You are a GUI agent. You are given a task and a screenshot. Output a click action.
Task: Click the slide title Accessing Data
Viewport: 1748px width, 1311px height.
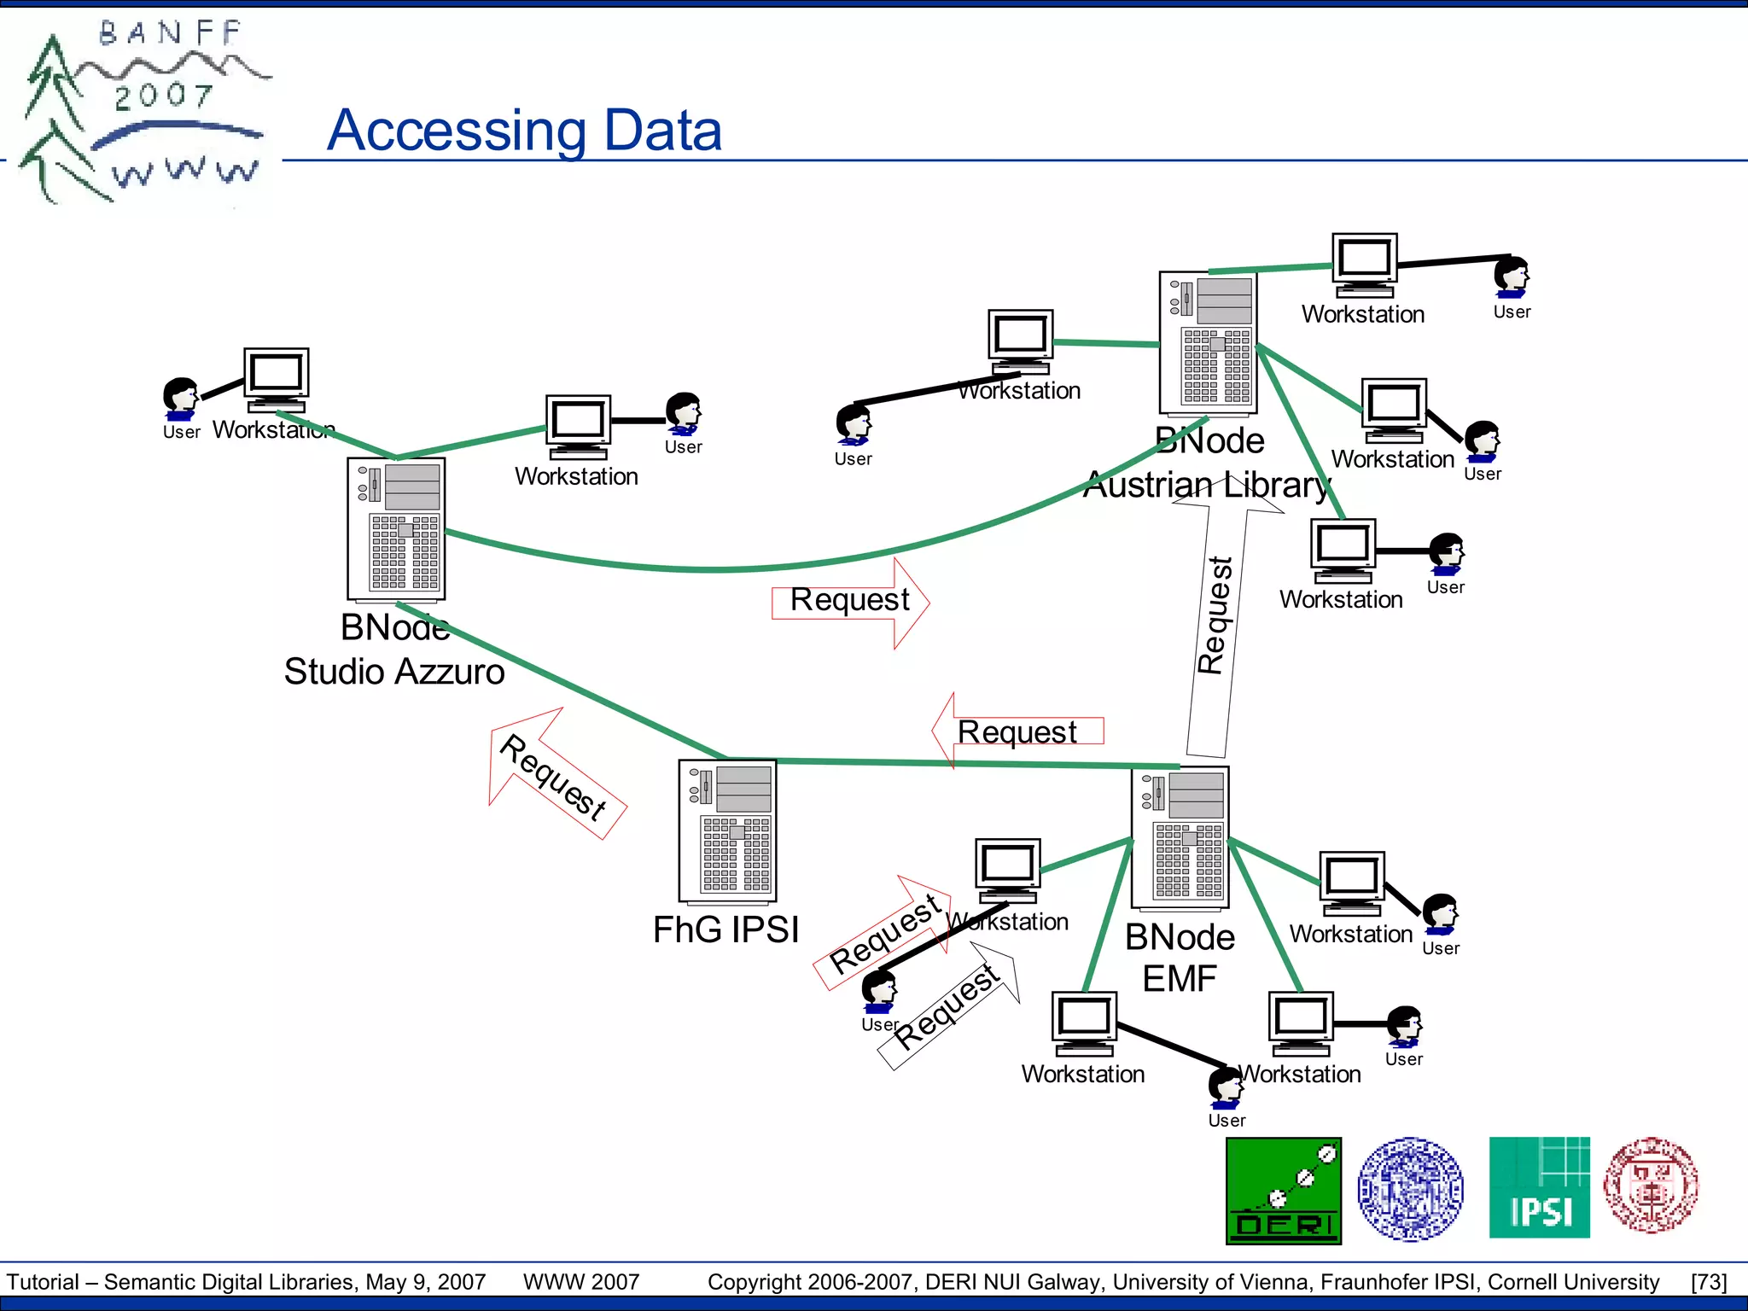[x=524, y=131]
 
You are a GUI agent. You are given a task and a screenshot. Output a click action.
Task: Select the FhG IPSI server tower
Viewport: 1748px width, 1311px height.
[x=727, y=830]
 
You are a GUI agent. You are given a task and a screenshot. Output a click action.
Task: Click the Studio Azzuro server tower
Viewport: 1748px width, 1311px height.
[x=396, y=529]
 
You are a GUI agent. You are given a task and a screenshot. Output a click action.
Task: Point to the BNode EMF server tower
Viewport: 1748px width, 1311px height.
[x=1180, y=837]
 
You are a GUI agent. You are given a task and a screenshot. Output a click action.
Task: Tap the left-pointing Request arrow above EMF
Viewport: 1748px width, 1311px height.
[x=1016, y=731]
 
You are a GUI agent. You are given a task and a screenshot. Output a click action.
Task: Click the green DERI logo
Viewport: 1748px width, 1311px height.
[x=1283, y=1190]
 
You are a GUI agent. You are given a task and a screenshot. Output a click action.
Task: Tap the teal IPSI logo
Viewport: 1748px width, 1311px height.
[x=1539, y=1187]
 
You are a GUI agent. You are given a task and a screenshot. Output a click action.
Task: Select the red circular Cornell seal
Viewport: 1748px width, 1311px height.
[x=1651, y=1186]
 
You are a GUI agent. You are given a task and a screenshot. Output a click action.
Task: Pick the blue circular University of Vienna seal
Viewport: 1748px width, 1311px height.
[x=1410, y=1188]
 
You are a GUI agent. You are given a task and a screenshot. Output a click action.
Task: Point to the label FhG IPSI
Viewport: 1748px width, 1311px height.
[x=725, y=929]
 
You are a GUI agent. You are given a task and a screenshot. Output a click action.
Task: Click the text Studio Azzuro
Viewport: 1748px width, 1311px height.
[x=394, y=672]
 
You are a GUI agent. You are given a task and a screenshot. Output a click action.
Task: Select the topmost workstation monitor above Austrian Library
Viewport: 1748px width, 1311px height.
[x=1365, y=262]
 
